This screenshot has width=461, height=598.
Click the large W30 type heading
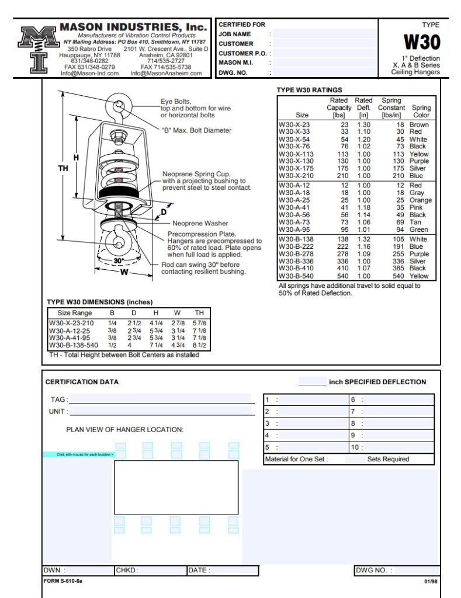[422, 42]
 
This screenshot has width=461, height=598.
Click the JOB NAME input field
[325, 34]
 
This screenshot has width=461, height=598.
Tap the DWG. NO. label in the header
[234, 73]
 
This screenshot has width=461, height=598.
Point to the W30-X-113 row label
[296, 154]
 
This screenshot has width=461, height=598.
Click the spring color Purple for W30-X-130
[420, 161]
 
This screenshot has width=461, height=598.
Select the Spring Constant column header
[391, 108]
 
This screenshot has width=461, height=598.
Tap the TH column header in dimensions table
[199, 313]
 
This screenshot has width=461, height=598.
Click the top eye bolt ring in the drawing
[119, 106]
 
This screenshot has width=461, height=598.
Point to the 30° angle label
[119, 260]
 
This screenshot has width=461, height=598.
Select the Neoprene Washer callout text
[200, 223]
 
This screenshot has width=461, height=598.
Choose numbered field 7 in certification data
[391, 412]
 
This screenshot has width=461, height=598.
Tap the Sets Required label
[388, 459]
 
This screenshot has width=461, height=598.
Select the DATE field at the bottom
[222, 571]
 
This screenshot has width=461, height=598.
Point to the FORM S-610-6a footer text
[63, 581]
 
